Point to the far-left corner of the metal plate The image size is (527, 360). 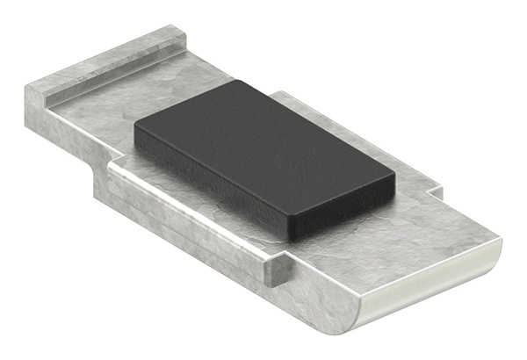pyautogui.click(x=26, y=88)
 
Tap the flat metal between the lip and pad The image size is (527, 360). pyautogui.click(x=114, y=110)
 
